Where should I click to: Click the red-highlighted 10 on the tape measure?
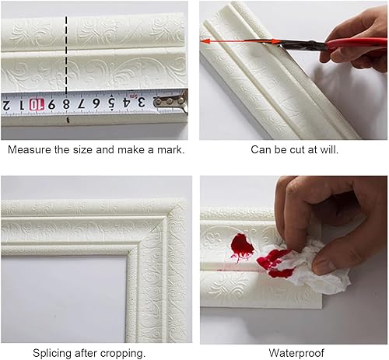[36, 104]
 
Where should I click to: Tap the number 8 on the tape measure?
[67, 103]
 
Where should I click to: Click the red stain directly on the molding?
[242, 247]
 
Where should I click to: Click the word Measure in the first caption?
[26, 149]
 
